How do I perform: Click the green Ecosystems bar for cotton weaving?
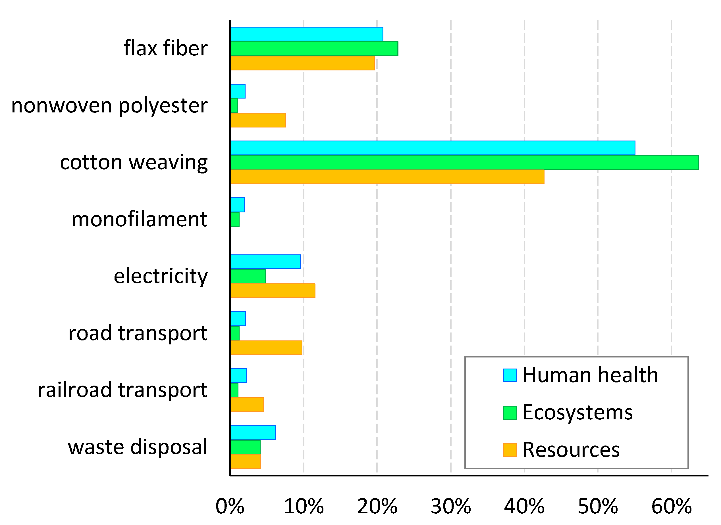coord(464,162)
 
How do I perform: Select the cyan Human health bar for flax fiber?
coord(307,34)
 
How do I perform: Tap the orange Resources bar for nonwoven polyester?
coord(258,120)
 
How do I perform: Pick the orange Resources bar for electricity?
coord(273,291)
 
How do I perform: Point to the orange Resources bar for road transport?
coord(266,348)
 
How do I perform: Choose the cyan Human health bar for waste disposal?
coord(253,432)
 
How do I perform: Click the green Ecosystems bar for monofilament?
coord(235,219)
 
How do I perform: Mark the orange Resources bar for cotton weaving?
coord(387,177)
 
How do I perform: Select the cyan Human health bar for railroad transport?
coord(238,376)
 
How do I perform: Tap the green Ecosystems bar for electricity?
coord(248,276)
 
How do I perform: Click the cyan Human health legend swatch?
coord(510,375)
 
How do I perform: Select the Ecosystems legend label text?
coord(577,413)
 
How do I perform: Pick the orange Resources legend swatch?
coord(510,450)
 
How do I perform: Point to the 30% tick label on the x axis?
coord(451,507)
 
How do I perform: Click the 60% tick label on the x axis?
coord(671,507)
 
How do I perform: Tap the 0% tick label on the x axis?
coord(230,507)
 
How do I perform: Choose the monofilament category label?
coord(139,219)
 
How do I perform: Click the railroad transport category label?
coord(122,390)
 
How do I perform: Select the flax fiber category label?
coord(165,48)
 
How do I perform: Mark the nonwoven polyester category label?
coord(109,106)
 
